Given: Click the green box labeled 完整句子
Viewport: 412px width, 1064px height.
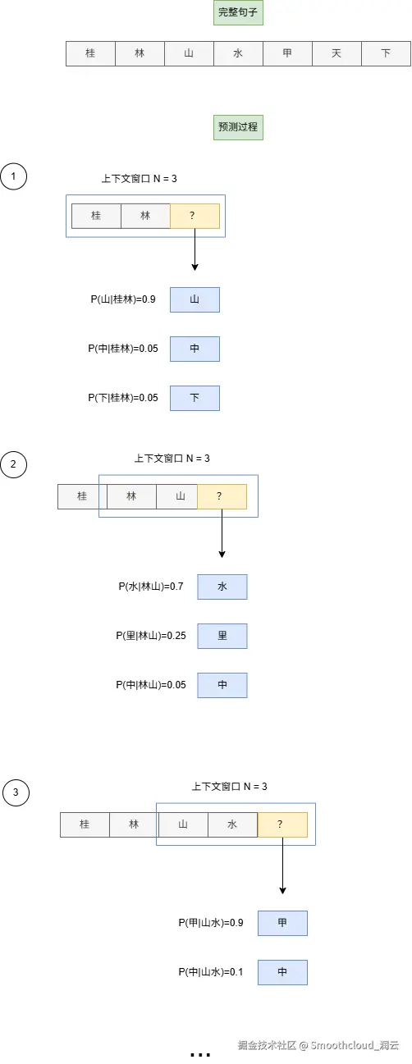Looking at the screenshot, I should (x=238, y=13).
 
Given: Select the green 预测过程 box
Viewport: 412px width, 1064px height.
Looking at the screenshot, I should (x=238, y=128).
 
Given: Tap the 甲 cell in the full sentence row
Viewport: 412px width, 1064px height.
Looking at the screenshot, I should (x=287, y=54).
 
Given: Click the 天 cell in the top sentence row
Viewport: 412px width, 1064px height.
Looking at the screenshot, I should (x=336, y=54).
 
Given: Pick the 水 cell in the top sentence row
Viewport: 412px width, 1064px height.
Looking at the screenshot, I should (x=238, y=54).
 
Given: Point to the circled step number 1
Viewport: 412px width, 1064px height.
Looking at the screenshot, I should (x=14, y=176).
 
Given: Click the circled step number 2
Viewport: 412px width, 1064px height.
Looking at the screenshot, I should (x=14, y=465).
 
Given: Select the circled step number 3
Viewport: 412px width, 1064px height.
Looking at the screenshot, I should (x=16, y=792).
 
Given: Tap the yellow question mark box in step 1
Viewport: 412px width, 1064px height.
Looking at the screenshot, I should (x=195, y=216).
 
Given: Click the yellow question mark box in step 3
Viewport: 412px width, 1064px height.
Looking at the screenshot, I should (x=282, y=824).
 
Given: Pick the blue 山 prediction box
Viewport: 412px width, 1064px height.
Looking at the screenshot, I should (x=195, y=300).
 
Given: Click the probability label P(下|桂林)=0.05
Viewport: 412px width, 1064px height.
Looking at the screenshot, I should (x=122, y=398).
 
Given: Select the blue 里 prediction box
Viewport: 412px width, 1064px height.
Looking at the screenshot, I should (x=222, y=636).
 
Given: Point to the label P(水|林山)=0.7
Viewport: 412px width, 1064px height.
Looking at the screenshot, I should (x=150, y=587).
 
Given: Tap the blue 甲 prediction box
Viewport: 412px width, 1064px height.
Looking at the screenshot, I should (x=282, y=923).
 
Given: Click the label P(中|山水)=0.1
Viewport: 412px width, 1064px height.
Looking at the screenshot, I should (x=211, y=972).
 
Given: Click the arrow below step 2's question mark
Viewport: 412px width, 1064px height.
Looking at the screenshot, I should (x=222, y=533).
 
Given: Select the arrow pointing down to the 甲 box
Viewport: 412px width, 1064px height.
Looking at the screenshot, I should (x=282, y=865).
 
